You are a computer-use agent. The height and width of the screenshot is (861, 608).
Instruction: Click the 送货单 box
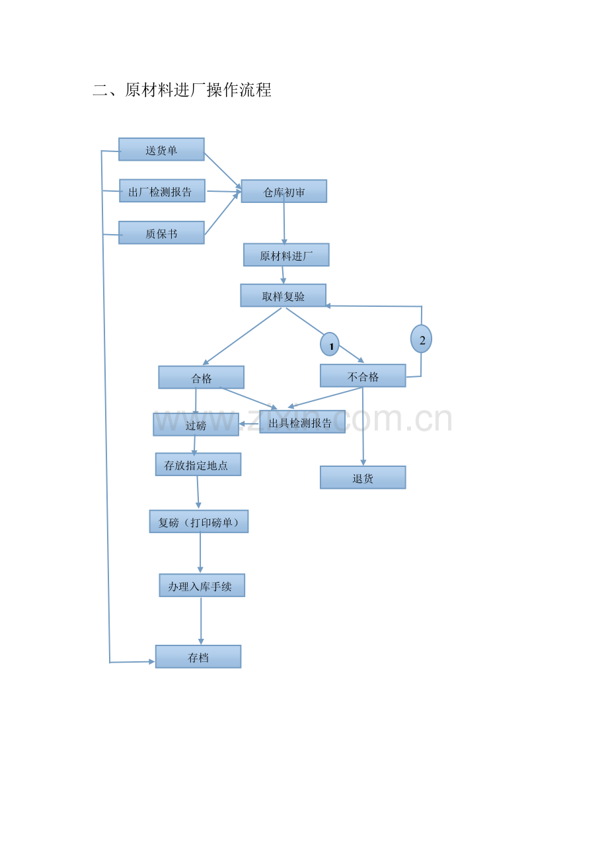161,149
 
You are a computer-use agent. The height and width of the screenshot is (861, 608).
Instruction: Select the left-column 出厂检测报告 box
162,190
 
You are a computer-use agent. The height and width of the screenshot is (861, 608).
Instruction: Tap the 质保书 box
161,233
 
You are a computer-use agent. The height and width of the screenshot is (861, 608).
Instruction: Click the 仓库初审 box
284,191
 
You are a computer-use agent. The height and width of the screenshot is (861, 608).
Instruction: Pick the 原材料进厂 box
286,255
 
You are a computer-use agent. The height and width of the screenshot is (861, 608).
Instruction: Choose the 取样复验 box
283,296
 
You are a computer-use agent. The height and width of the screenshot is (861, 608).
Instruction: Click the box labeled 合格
202,378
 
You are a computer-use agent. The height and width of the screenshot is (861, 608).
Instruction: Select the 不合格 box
363,376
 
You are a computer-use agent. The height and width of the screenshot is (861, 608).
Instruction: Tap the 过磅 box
196,425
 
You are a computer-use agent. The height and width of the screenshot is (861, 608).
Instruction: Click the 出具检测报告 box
302,422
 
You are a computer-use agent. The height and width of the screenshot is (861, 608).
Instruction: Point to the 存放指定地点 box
198,465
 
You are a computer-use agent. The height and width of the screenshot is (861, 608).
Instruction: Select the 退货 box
363,477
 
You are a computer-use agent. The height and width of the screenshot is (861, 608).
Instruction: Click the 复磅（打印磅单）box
199,522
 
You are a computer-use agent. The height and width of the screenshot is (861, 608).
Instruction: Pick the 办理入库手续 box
202,586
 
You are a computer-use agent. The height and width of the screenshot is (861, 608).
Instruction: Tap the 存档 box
198,657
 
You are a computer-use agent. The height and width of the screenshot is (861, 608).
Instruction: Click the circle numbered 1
330,345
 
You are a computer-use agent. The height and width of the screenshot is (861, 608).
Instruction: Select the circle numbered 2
421,339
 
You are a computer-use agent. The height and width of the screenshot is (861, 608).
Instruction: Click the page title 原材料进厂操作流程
198,91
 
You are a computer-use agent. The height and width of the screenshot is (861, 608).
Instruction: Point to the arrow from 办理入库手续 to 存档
201,621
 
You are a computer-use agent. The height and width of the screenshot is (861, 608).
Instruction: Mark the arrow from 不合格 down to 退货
363,427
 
